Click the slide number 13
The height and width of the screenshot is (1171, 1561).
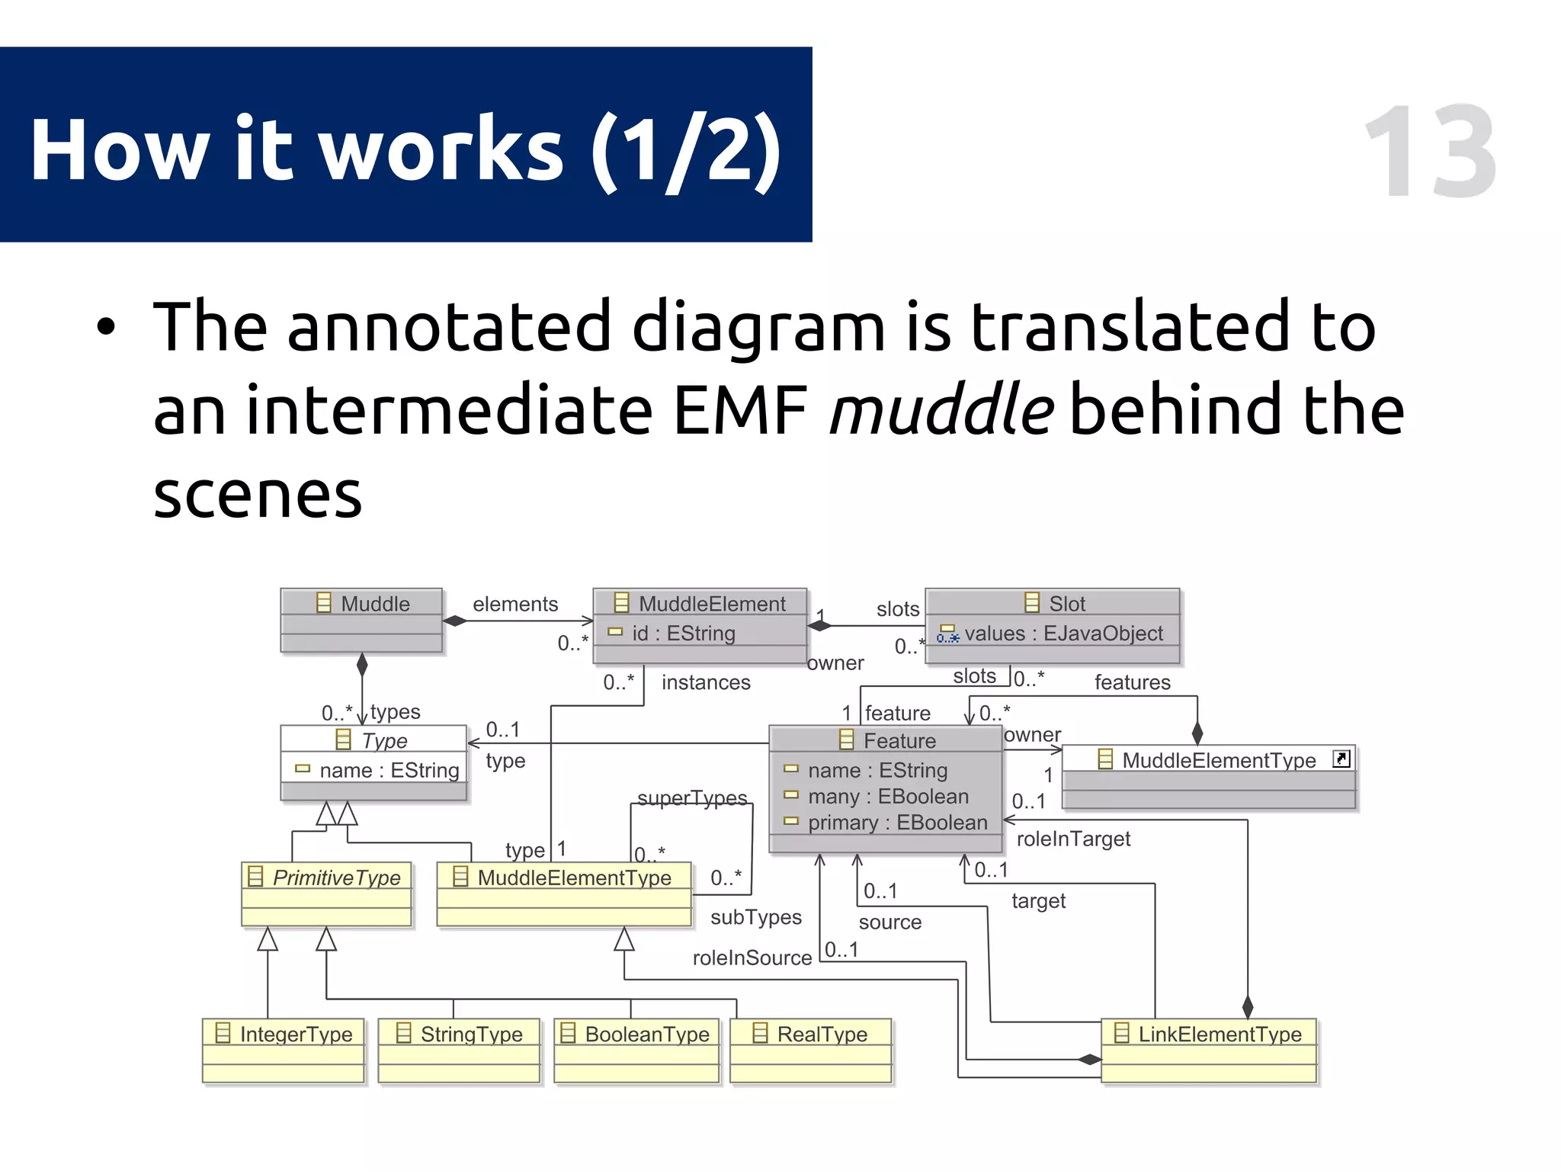tap(1430, 152)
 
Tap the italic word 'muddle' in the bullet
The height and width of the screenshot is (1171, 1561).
tap(941, 409)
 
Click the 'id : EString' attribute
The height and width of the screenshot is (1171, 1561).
tap(683, 634)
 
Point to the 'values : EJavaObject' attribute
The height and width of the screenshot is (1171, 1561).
tap(1063, 634)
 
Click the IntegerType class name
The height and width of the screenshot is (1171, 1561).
tap(296, 1034)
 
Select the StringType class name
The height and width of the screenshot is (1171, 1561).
tap(471, 1034)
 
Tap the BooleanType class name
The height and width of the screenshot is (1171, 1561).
tap(646, 1034)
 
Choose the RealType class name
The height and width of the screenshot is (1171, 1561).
tap(822, 1034)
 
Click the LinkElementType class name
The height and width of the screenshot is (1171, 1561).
tap(1219, 1034)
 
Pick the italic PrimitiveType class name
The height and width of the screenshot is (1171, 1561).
tap(336, 877)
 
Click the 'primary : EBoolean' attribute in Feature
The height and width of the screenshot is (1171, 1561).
tap(897, 823)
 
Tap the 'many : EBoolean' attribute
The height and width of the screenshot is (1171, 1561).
tap(888, 797)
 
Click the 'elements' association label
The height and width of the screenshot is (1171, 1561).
tap(515, 604)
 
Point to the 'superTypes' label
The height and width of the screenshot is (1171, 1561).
tap(691, 797)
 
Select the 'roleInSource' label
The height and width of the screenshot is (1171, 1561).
tap(752, 958)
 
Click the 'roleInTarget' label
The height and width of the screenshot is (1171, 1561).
tap(1072, 839)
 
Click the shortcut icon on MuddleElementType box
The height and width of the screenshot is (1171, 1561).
tap(1341, 759)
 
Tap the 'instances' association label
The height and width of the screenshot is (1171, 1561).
tap(705, 682)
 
